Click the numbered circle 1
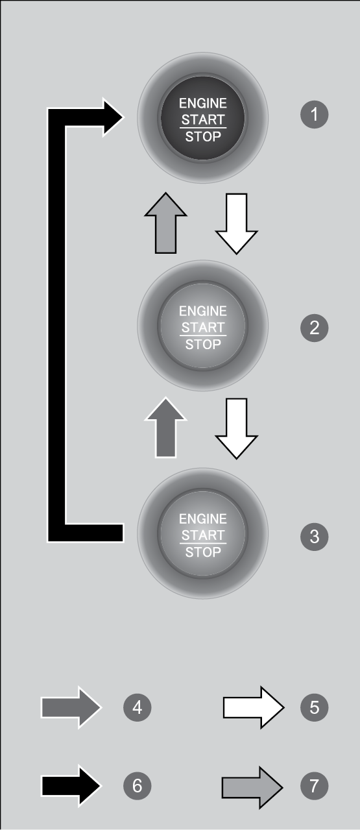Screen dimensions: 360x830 click(x=314, y=114)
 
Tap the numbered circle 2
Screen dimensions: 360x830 click(x=314, y=328)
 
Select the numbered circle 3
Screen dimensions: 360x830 click(x=314, y=536)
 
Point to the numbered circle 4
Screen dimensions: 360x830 click(x=137, y=707)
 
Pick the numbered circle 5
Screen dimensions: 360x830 click(x=314, y=707)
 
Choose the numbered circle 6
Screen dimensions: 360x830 click(x=137, y=785)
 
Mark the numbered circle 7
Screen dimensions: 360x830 click(x=314, y=785)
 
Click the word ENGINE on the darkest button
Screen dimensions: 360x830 click(x=202, y=103)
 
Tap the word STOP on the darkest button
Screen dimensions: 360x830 click(x=202, y=136)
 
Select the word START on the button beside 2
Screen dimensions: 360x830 click(x=202, y=328)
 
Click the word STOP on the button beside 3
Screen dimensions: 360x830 click(x=202, y=552)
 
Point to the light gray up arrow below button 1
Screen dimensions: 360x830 click(x=165, y=223)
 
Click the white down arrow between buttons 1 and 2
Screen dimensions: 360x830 click(x=236, y=223)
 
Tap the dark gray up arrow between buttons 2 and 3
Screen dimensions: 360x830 click(x=165, y=428)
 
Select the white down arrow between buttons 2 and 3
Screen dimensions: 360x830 click(x=236, y=429)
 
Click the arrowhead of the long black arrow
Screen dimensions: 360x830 click(x=114, y=117)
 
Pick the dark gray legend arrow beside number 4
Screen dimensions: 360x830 click(x=71, y=707)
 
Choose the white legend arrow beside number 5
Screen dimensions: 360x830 click(x=254, y=707)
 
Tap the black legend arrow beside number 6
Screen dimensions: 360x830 click(x=71, y=785)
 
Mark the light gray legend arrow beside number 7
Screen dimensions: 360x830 click(x=252, y=787)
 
